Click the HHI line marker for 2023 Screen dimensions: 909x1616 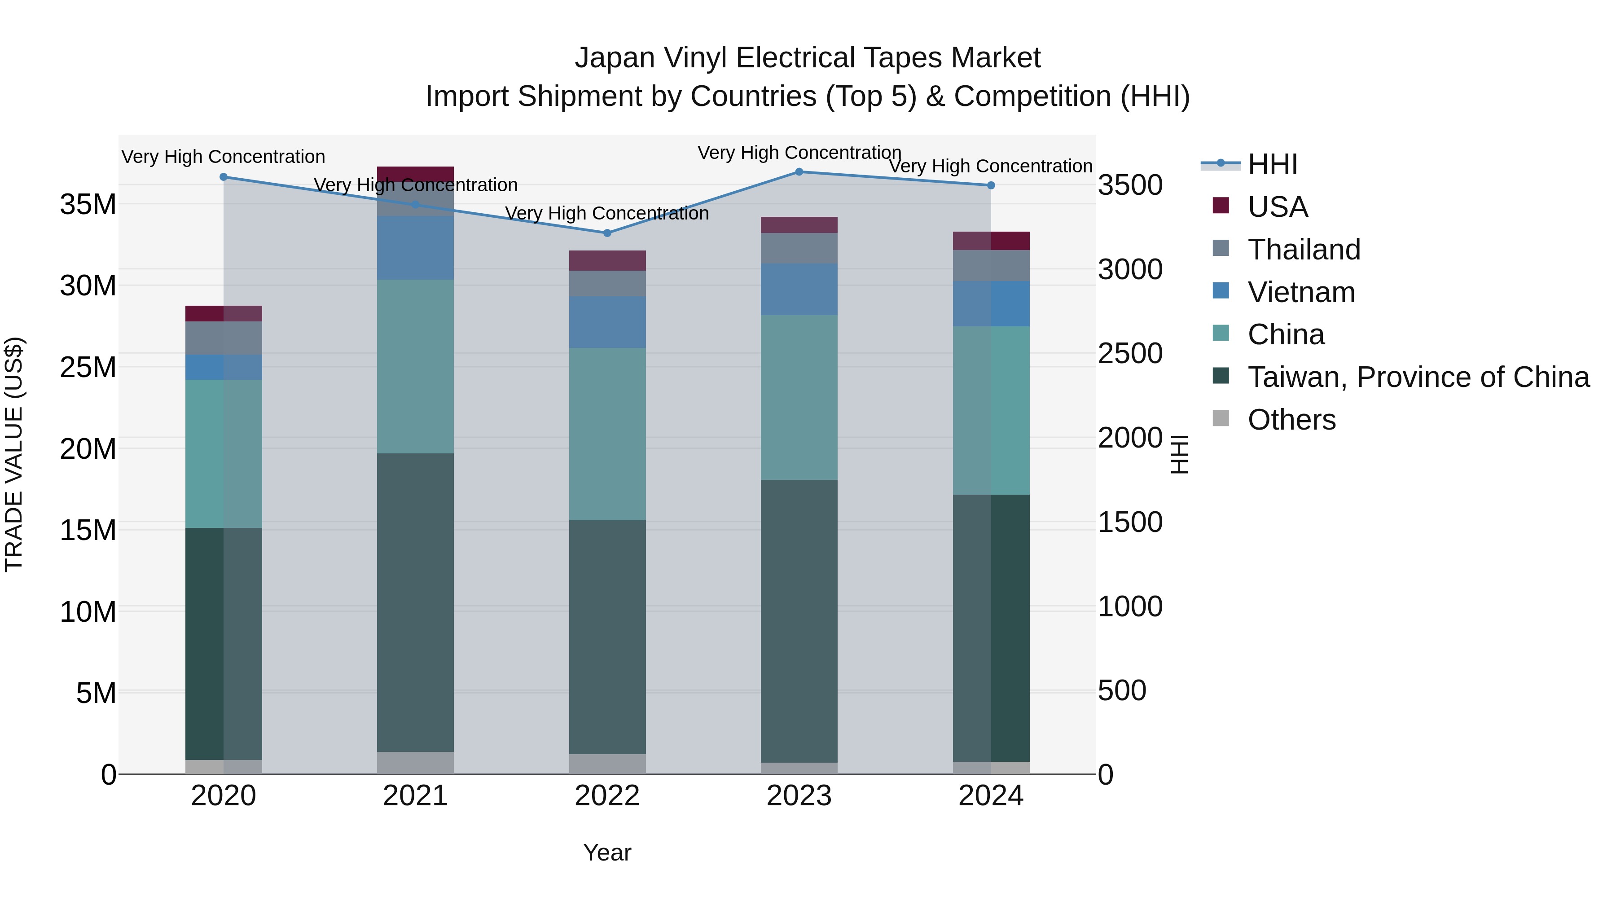pyautogui.click(x=799, y=172)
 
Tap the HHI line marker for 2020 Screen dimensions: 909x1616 pyautogui.click(x=224, y=177)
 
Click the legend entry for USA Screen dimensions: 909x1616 pyautogui.click(x=1277, y=207)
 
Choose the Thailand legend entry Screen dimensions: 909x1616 pyautogui.click(x=1304, y=250)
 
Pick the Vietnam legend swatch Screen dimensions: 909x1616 pyautogui.click(x=1221, y=291)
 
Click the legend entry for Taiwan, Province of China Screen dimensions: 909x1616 pyautogui.click(x=1418, y=377)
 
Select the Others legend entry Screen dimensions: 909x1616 pyautogui.click(x=1291, y=420)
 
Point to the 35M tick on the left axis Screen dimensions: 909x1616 pyautogui.click(x=88, y=205)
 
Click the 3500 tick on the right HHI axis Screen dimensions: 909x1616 pyautogui.click(x=1130, y=186)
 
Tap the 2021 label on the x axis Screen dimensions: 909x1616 pyautogui.click(x=415, y=796)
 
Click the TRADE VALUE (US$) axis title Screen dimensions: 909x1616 pyautogui.click(x=14, y=454)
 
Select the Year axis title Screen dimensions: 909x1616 pyautogui.click(x=606, y=852)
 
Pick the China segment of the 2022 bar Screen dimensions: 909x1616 pyautogui.click(x=606, y=434)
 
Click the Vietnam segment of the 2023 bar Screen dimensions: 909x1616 pyautogui.click(x=799, y=290)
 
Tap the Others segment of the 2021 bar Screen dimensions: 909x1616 pyautogui.click(x=415, y=763)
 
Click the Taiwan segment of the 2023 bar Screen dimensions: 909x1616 pyautogui.click(x=799, y=621)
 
